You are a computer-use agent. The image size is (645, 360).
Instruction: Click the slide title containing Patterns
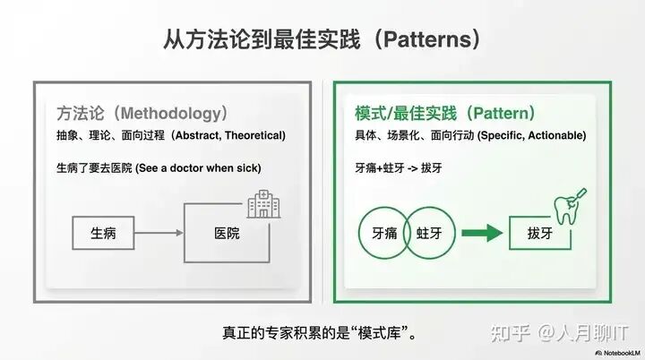coord(322,39)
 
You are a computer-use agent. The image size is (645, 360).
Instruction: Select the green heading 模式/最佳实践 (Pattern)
coord(445,114)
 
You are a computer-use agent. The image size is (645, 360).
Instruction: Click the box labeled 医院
coord(227,233)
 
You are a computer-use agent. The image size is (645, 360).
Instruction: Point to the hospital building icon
coord(262,204)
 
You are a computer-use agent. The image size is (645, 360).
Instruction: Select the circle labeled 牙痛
coord(381,234)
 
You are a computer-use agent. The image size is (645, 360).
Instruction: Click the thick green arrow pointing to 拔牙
coord(482,234)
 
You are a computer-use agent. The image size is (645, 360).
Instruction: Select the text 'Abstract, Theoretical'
coord(228,135)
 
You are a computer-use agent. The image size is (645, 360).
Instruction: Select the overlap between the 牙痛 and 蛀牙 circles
coord(408,234)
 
